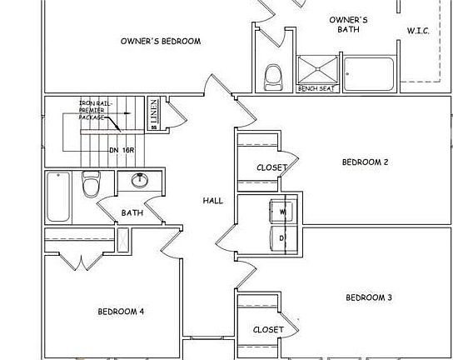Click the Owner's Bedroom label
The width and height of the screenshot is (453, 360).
tap(160, 41)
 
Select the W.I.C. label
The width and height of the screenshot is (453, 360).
tap(418, 31)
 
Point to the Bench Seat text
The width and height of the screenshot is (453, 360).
tap(316, 88)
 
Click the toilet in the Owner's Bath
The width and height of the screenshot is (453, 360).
tap(272, 77)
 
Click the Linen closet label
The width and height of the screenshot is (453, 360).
tap(154, 113)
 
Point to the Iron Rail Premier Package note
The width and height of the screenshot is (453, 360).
tap(93, 109)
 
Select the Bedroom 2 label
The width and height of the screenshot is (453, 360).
tap(365, 162)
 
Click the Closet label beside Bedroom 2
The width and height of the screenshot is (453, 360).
tap(271, 168)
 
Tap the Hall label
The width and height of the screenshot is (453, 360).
tap(213, 201)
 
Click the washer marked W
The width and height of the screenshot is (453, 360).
tap(282, 212)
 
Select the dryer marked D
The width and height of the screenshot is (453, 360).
tap(282, 238)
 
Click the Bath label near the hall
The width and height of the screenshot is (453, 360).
tap(132, 212)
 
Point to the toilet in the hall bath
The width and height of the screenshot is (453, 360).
tap(91, 182)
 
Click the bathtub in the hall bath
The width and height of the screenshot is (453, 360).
tap(58, 196)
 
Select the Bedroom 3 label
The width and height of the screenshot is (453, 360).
tap(368, 297)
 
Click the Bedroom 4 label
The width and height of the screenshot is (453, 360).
tap(121, 312)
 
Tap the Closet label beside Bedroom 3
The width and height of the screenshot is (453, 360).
tap(268, 329)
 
